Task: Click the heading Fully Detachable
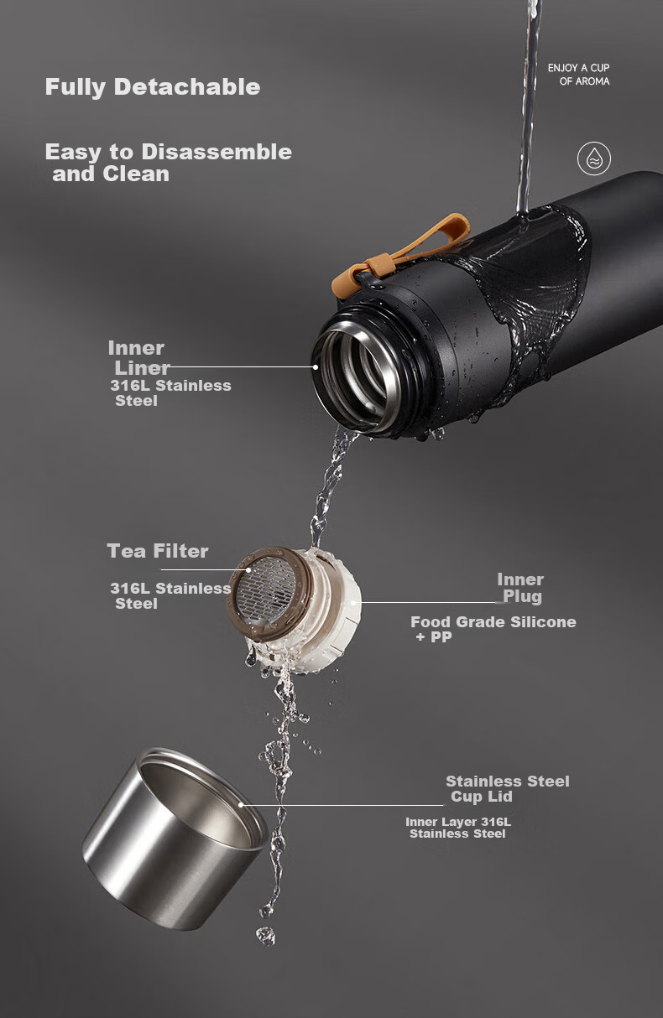(153, 87)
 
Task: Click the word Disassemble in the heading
(217, 152)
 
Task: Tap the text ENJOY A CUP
(578, 68)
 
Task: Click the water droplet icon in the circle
(594, 158)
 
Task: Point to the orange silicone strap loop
(400, 255)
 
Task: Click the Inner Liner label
(138, 358)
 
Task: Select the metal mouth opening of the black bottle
(357, 375)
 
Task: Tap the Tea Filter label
(158, 551)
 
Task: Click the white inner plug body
(337, 609)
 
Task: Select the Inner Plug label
(520, 588)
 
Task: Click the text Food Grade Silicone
(493, 621)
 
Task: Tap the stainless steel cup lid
(175, 839)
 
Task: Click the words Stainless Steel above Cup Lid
(508, 782)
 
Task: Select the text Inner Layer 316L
(458, 822)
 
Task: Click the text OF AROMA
(585, 81)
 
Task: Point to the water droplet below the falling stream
(265, 936)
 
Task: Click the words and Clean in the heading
(111, 174)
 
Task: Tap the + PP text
(434, 637)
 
